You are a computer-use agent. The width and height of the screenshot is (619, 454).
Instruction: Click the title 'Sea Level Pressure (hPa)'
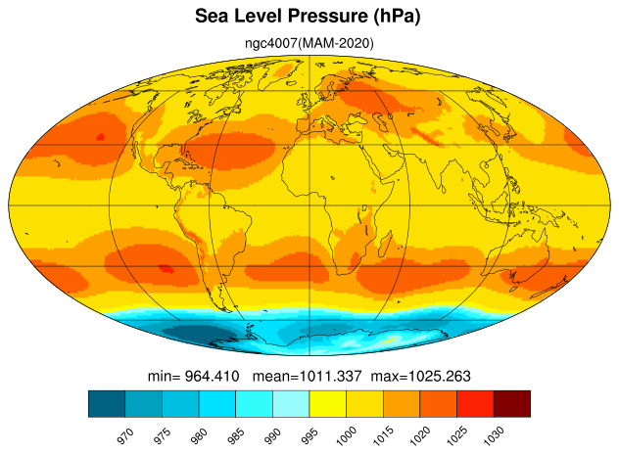[x=308, y=17]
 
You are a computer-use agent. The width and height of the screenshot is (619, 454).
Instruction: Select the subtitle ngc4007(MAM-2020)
[x=309, y=43]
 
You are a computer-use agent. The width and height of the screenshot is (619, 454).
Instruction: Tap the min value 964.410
[x=212, y=376]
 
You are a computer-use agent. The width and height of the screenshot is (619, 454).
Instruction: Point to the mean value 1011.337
[x=330, y=376]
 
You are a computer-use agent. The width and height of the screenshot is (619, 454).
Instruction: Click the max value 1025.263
[x=440, y=376]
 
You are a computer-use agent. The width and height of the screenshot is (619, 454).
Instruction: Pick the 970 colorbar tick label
[x=125, y=436]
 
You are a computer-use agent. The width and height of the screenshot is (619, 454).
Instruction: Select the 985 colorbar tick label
[x=236, y=436]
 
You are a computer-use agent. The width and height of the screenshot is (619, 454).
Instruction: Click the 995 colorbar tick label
[x=309, y=436]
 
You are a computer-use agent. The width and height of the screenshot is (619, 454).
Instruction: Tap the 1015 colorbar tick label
[x=383, y=435]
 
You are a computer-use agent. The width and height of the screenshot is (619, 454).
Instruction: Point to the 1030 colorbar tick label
[x=494, y=435]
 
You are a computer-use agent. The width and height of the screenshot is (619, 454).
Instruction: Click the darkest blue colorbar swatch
[x=107, y=403]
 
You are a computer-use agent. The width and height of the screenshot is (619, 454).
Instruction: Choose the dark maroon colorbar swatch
[x=512, y=403]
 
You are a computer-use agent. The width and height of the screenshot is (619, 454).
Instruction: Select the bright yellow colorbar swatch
[x=328, y=403]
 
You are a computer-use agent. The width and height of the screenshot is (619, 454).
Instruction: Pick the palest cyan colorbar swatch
[x=291, y=403]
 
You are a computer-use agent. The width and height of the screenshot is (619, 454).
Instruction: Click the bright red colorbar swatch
[x=475, y=403]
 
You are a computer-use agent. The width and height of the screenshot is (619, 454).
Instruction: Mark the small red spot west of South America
[x=166, y=269]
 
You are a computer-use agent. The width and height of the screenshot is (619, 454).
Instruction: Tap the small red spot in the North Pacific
[x=100, y=137]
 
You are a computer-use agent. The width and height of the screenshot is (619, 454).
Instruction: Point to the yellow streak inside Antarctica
[x=390, y=340]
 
